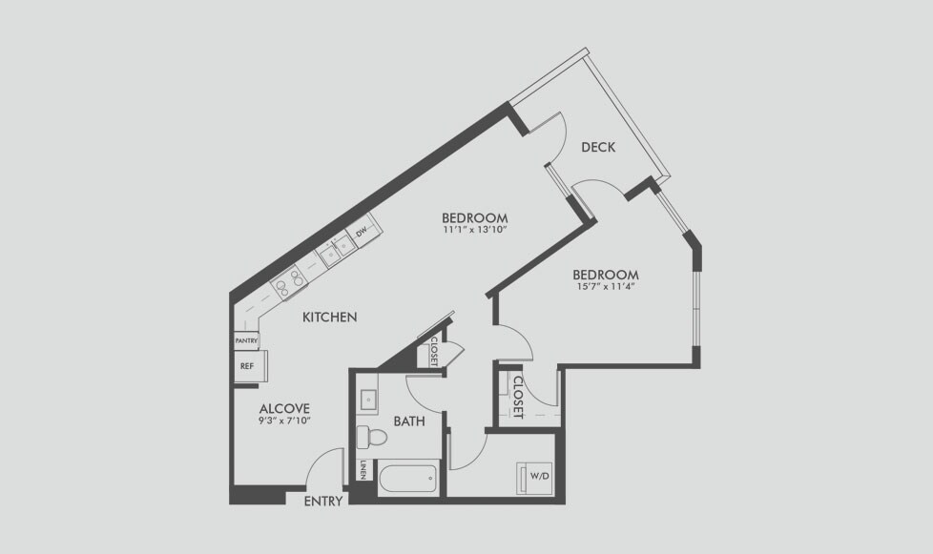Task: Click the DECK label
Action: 598,147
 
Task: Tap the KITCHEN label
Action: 330,318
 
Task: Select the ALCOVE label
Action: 284,409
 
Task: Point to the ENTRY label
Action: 323,502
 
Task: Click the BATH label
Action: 409,421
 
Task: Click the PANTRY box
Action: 246,340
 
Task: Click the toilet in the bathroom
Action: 371,438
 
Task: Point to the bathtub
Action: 408,478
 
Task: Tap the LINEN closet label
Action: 362,470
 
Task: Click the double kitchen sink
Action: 337,250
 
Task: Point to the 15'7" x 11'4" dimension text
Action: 605,286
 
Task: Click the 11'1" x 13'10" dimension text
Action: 474,230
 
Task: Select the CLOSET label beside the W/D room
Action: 518,397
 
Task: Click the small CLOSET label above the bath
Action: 434,351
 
